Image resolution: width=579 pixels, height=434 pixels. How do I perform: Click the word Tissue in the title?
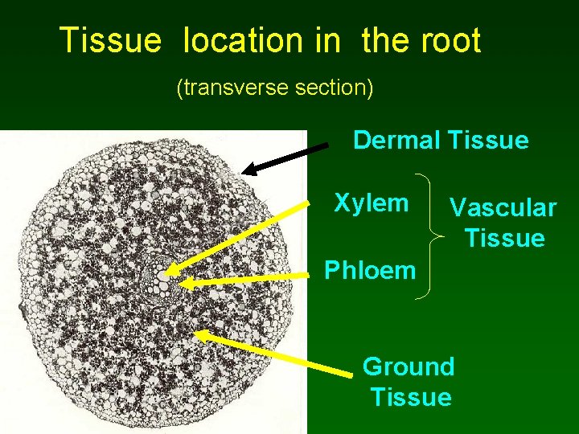pyautogui.click(x=110, y=40)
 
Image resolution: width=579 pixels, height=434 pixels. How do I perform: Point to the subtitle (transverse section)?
pyautogui.click(x=274, y=88)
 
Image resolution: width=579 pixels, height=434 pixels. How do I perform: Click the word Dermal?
pyautogui.click(x=396, y=141)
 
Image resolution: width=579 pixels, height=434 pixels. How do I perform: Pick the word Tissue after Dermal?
pyautogui.click(x=488, y=141)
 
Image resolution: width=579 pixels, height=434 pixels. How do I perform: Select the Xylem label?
pyautogui.click(x=371, y=203)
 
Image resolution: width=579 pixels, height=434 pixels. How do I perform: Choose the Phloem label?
pyautogui.click(x=369, y=270)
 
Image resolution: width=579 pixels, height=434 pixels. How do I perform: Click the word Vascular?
pyautogui.click(x=503, y=208)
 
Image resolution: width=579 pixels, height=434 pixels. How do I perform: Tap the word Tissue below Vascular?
pyautogui.click(x=504, y=239)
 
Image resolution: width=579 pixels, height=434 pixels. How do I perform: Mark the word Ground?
pyautogui.click(x=409, y=366)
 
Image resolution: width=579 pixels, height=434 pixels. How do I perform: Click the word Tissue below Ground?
pyautogui.click(x=411, y=397)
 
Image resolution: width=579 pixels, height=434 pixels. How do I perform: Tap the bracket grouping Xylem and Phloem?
pyautogui.click(x=433, y=236)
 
